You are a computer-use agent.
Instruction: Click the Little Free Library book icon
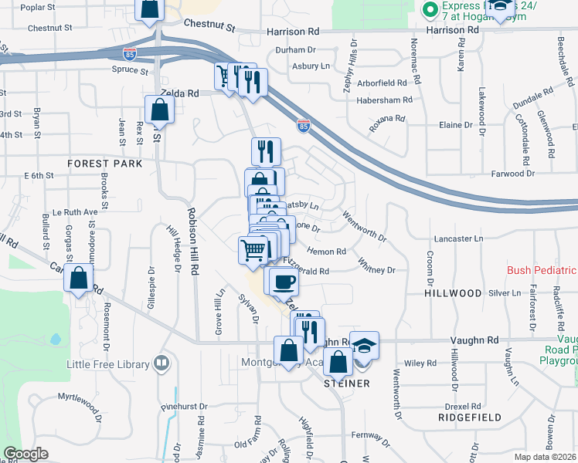161,362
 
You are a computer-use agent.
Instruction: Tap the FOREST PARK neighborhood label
105,164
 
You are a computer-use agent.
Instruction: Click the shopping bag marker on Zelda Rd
158,110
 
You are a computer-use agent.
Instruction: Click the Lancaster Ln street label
458,239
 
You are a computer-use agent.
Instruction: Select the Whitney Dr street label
376,270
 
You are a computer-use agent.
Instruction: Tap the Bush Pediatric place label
542,271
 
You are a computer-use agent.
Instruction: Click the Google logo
26,455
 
